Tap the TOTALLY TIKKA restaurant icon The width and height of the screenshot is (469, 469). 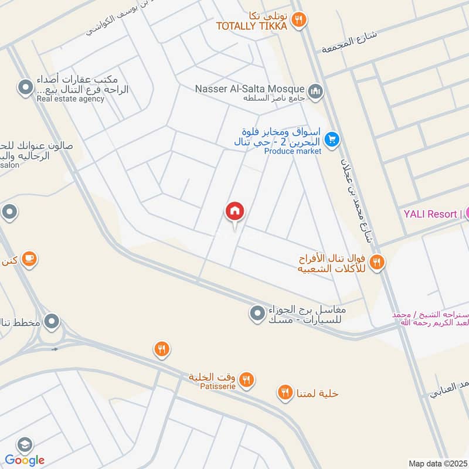coord(300,20)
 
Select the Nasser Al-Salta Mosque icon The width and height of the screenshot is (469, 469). coord(316,91)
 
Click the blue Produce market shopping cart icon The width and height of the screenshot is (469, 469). coord(332,140)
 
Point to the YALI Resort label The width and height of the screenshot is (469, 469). coord(430,214)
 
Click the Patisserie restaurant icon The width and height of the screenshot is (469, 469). coord(247,380)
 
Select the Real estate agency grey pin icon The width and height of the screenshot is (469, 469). coord(25,89)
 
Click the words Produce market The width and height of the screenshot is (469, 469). coord(293,151)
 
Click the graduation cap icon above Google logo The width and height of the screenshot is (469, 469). coord(24,444)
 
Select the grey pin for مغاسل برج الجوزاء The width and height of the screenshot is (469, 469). coord(257,314)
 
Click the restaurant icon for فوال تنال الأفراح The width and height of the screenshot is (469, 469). coord(378,263)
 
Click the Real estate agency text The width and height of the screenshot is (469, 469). coord(70,99)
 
